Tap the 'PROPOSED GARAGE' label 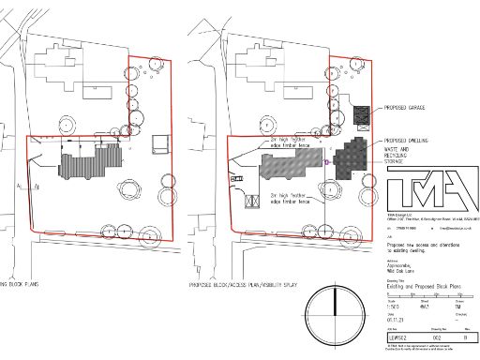(x=406, y=110)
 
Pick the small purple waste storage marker (x=325, y=161)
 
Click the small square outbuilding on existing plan (x=159, y=141)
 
